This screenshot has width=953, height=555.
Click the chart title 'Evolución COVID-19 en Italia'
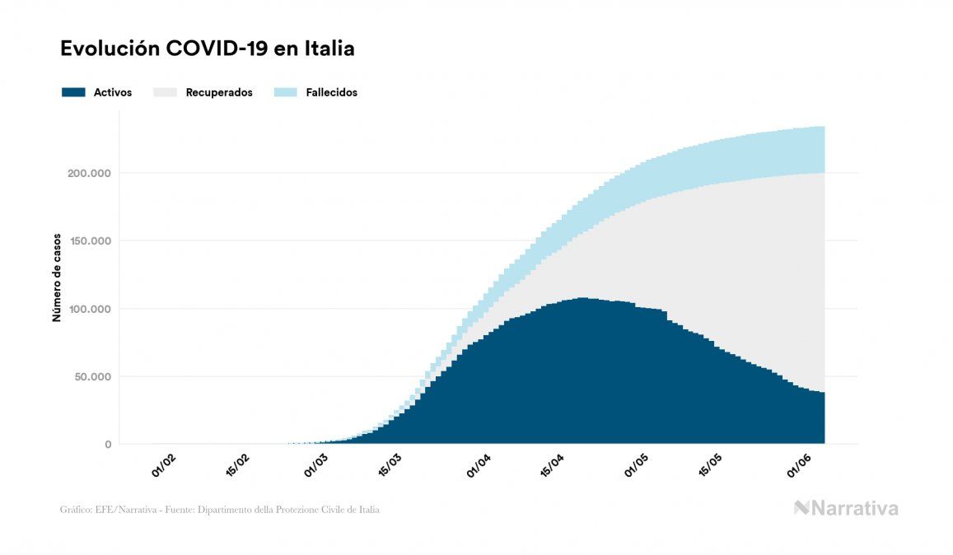pos(208,49)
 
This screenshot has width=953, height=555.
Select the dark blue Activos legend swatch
pos(73,92)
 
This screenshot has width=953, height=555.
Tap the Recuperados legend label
pos(219,92)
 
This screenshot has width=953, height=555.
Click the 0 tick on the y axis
pos(107,445)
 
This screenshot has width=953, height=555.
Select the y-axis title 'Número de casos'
pos(57,277)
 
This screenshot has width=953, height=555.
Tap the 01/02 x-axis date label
pos(163,465)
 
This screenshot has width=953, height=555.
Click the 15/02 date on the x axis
pos(238,465)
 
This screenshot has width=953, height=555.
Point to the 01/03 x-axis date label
pos(315,467)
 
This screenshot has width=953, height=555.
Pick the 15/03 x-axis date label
pos(390,467)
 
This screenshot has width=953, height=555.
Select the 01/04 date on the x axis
pos(479,467)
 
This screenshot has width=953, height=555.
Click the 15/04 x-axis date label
pos(553,467)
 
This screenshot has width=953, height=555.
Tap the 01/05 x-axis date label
pos(636,467)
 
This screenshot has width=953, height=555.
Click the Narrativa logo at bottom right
pos(846,508)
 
